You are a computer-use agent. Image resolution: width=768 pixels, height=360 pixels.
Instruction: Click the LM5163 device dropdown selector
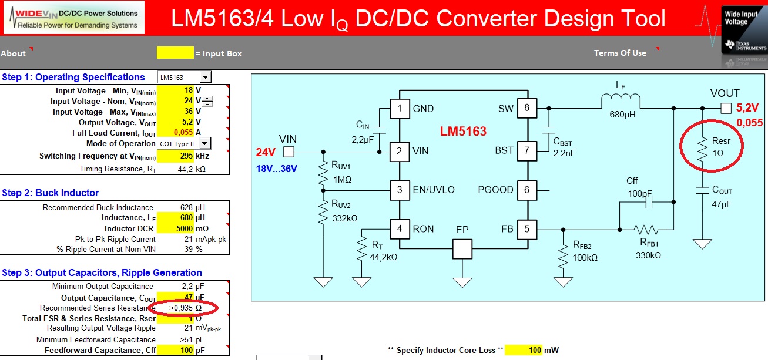pyautogui.click(x=185, y=77)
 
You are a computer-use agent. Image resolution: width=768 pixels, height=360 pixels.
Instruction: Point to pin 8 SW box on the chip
pyautogui.click(x=527, y=108)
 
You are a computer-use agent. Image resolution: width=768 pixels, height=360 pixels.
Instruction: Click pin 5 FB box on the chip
pyautogui.click(x=527, y=230)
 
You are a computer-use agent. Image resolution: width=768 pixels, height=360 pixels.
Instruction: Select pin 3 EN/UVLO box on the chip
pyautogui.click(x=400, y=190)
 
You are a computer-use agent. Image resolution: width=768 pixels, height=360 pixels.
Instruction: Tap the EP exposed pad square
pyautogui.click(x=462, y=249)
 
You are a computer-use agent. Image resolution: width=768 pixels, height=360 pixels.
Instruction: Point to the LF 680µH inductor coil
pyautogui.click(x=621, y=101)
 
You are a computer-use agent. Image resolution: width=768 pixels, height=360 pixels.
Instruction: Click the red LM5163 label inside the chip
pyautogui.click(x=464, y=132)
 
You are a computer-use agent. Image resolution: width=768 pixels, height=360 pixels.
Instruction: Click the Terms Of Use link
pyautogui.click(x=620, y=53)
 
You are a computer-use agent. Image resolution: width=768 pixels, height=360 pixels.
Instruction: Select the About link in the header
pyautogui.click(x=14, y=53)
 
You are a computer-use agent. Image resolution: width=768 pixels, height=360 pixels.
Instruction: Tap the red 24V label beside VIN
pyautogui.click(x=266, y=153)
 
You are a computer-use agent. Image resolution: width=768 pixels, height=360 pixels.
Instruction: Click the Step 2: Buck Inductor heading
pyautogui.click(x=51, y=193)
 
